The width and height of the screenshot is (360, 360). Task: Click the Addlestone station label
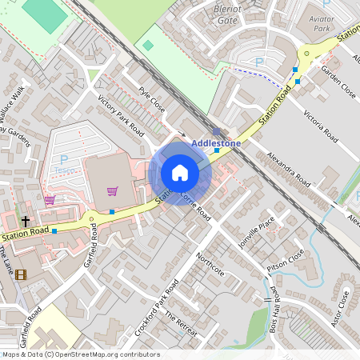point(216,143)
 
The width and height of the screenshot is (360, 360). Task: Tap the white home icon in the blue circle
point(180,173)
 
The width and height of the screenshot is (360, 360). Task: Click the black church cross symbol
point(25,221)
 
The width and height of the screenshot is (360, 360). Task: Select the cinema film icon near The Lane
point(20,274)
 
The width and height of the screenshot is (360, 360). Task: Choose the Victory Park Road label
point(120,117)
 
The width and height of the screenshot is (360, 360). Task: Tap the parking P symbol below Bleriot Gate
point(258,62)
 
